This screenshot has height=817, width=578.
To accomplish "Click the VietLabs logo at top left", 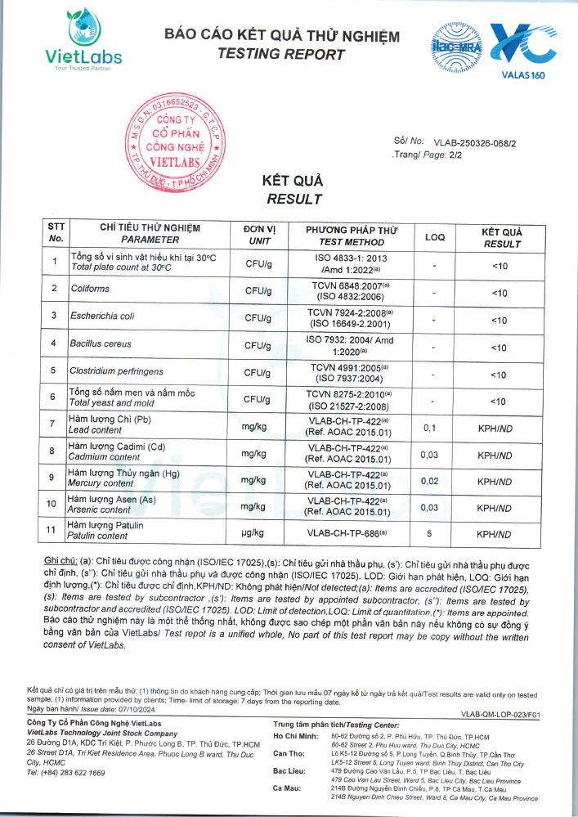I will (83, 38).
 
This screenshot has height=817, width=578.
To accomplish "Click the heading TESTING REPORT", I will (281, 54).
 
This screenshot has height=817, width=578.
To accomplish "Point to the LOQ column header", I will (435, 236).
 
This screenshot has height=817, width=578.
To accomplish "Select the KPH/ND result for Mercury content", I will (495, 482).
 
